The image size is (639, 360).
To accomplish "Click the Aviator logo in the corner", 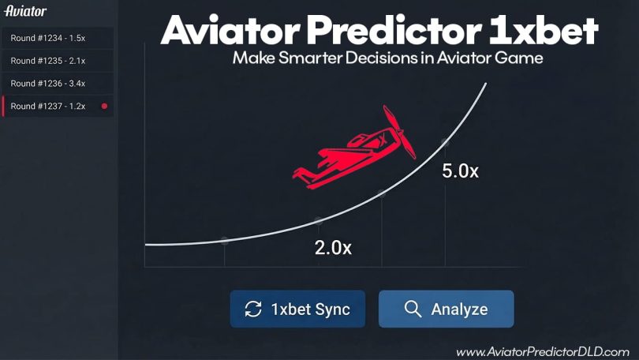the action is (25, 11).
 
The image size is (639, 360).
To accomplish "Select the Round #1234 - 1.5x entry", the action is (58, 38).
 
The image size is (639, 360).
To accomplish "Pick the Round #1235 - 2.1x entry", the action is (58, 61).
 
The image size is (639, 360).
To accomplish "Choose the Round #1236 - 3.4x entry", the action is (58, 84).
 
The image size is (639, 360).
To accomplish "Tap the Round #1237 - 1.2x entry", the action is (58, 107).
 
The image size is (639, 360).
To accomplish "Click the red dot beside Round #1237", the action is (104, 106).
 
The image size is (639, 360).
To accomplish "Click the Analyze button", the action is (447, 309).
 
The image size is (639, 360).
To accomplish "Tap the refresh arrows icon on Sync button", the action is (253, 309).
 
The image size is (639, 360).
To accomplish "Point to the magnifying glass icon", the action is (413, 309).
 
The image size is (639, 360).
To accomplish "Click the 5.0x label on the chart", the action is (460, 171).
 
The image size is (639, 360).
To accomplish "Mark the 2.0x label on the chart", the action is (333, 247).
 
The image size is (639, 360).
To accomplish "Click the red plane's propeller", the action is (399, 132).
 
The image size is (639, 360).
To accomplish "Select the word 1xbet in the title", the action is (544, 31).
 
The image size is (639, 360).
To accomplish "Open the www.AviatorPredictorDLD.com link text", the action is (543, 351).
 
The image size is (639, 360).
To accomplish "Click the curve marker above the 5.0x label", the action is (445, 142).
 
